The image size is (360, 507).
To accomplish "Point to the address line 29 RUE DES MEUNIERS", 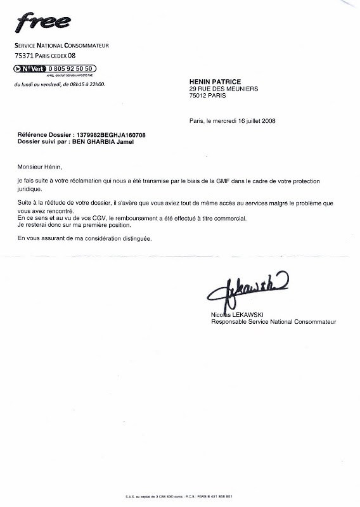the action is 223,89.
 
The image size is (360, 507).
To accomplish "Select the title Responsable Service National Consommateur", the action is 273,322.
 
